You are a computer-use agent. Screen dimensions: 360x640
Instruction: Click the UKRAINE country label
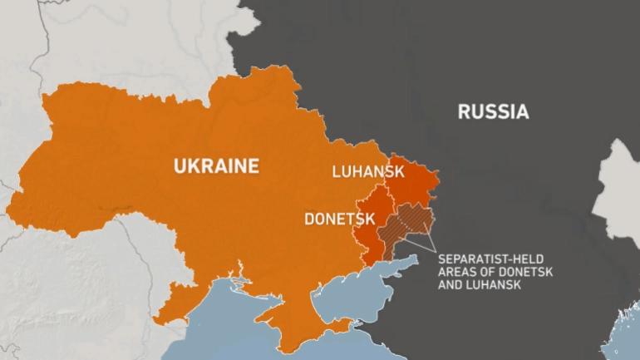tap(216, 166)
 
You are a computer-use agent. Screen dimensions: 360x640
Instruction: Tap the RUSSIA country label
tap(493, 112)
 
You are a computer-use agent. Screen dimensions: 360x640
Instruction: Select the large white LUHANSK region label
tap(367, 172)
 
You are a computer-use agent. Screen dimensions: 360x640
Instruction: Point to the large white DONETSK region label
tap(339, 219)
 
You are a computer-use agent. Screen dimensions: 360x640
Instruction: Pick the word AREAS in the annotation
tap(458, 273)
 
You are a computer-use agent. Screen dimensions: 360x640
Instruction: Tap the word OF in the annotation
tap(488, 273)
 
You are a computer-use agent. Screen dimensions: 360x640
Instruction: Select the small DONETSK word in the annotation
tap(526, 273)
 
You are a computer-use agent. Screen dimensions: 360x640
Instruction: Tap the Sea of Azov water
tap(366, 283)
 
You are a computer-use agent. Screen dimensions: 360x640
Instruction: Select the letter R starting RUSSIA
tap(464, 112)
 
